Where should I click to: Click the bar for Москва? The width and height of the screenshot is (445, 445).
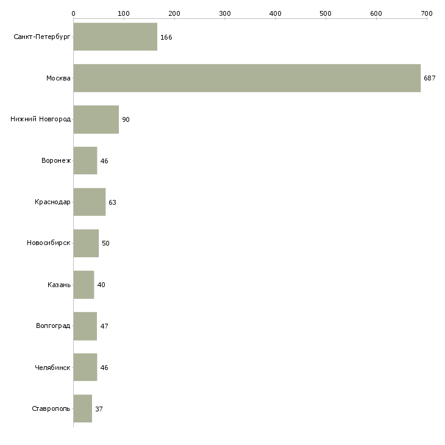(x=247, y=78)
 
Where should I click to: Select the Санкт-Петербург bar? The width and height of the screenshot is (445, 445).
(x=115, y=37)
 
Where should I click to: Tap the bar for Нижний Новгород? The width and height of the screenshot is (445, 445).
(x=96, y=119)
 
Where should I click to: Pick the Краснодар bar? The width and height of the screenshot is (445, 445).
(x=90, y=202)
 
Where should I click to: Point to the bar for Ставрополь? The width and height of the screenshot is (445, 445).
(x=82, y=408)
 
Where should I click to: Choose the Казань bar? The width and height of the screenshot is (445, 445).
(x=84, y=285)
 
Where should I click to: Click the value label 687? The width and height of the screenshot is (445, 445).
(x=429, y=78)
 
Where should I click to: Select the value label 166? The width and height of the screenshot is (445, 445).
(x=166, y=37)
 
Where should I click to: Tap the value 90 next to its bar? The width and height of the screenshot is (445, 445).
(x=126, y=119)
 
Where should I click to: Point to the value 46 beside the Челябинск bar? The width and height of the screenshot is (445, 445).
(x=104, y=368)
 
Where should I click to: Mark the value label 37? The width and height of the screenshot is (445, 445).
(x=99, y=409)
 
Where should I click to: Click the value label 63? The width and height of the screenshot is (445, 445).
(x=112, y=202)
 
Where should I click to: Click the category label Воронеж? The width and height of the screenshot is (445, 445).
(x=56, y=160)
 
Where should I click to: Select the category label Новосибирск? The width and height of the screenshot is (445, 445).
(x=49, y=243)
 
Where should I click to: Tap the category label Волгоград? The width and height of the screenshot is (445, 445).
(x=53, y=326)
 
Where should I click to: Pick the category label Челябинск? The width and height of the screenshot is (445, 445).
(x=52, y=368)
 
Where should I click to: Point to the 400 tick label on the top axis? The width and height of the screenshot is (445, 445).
(x=276, y=13)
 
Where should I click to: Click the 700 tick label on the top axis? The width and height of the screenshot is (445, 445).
(x=427, y=13)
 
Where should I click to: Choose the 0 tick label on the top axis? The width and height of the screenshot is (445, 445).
(x=74, y=13)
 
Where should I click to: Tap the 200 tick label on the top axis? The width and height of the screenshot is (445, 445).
(x=174, y=13)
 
